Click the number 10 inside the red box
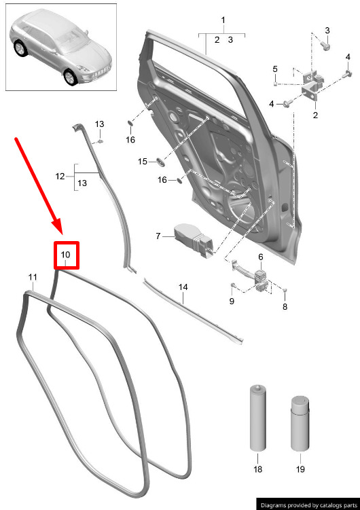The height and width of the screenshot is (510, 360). [x=66, y=255]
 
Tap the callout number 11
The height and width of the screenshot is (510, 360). [x=33, y=278]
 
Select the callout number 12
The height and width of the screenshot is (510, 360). [x=60, y=177]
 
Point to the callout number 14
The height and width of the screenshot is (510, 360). [x=183, y=287]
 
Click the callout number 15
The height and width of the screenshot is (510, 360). [x=143, y=162]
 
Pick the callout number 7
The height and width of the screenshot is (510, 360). [x=158, y=236]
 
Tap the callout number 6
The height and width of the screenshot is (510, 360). [x=261, y=257]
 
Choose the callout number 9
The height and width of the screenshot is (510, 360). [x=232, y=302]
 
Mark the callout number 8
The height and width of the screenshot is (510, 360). [x=285, y=307]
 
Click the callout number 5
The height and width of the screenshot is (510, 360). [x=275, y=69]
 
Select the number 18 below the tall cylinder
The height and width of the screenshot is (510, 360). [x=257, y=469]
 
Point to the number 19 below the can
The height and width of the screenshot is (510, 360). [x=300, y=469]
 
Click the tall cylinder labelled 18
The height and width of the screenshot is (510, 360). [x=257, y=418]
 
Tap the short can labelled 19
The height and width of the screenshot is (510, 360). [x=300, y=423]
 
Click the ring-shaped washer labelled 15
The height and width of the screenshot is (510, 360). [x=160, y=161]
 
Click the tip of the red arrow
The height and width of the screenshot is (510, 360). [x=62, y=234]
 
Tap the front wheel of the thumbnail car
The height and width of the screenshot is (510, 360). [x=70, y=77]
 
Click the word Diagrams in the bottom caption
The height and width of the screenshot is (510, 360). [x=273, y=505]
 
